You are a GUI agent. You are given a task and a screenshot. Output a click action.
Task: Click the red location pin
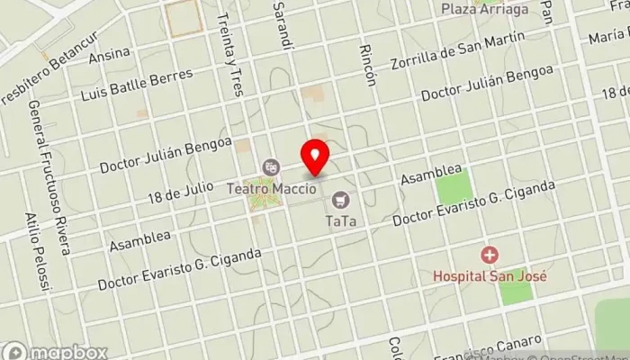pyautogui.click(x=315, y=157)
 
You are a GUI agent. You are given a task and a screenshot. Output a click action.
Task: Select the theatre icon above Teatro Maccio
pyautogui.click(x=269, y=166)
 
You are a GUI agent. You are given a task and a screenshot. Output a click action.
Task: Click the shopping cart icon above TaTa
pyautogui.click(x=339, y=198)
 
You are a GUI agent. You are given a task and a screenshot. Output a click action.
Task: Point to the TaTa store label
pyautogui.click(x=339, y=219)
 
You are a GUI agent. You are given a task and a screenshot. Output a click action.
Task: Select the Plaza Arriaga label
pyautogui.click(x=486, y=9)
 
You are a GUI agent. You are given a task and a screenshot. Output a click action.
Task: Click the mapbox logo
pyautogui.click(x=54, y=351)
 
